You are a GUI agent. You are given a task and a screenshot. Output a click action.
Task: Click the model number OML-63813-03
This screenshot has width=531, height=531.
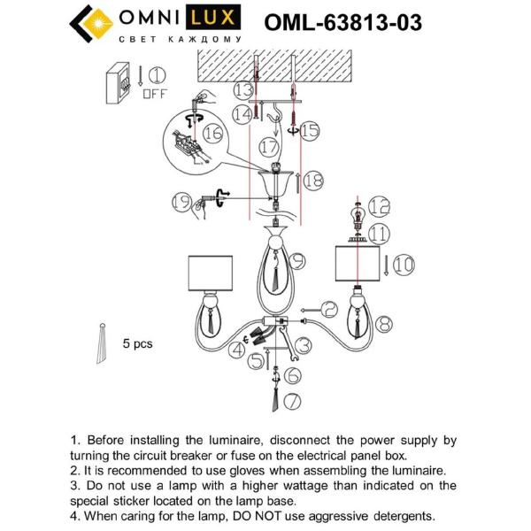343,22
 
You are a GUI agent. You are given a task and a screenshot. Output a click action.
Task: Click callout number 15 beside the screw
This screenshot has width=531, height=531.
308,131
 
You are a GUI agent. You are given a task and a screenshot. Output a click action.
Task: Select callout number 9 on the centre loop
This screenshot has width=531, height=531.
296,260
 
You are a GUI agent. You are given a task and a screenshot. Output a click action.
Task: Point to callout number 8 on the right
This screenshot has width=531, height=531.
383,325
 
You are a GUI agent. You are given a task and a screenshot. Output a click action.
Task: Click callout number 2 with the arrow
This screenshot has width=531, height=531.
329,309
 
